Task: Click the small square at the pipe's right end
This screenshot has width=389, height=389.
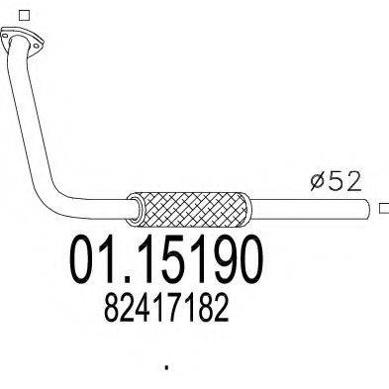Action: (x=382, y=208)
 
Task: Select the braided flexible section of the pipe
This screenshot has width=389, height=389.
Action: (x=195, y=208)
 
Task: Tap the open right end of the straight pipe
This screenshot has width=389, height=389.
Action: (x=368, y=208)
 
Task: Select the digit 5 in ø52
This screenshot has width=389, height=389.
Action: (x=335, y=182)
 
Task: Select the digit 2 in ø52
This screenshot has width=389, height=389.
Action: (x=353, y=182)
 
